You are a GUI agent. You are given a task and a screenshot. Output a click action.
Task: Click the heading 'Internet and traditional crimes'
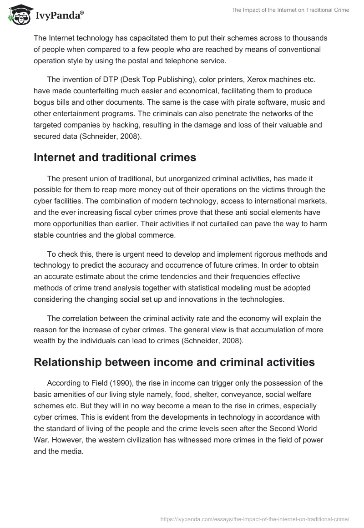coord(115,157)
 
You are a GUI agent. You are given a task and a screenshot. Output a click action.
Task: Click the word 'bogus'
coord(44,102)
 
